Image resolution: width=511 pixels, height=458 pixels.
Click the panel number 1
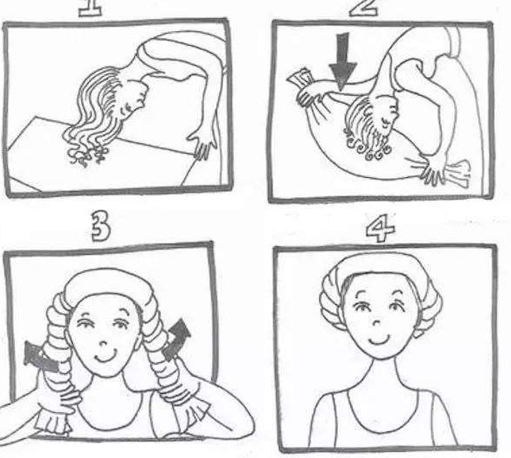point(90,8)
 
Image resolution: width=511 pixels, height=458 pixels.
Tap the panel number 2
point(364,8)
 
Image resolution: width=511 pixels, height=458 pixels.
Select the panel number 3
point(100,226)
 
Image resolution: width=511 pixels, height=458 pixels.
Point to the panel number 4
point(380,228)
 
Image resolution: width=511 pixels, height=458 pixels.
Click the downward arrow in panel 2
point(342,61)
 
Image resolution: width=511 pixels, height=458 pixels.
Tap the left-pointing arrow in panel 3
point(42,358)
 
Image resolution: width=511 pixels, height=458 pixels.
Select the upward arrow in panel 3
point(177,339)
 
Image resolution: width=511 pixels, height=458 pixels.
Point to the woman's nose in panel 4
point(376,323)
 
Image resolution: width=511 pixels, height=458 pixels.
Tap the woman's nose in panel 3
point(103,344)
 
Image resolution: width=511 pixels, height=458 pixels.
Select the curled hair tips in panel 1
point(87,156)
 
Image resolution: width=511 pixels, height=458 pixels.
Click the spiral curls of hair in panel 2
point(367,147)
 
